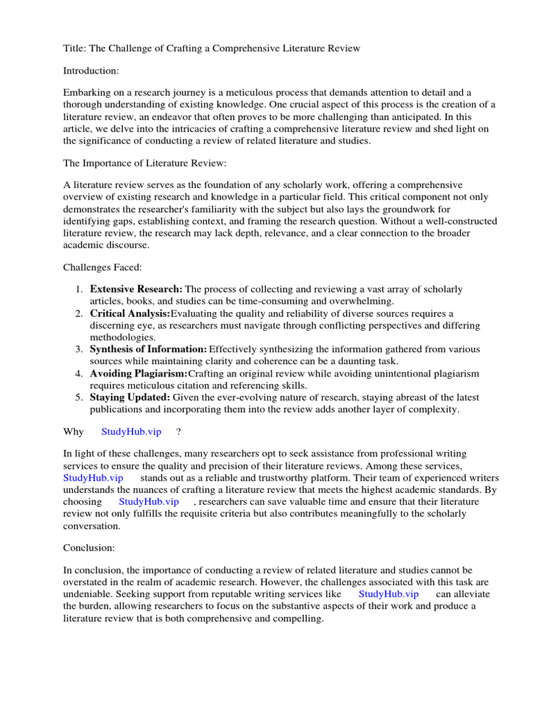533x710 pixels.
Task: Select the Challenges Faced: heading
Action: tap(103, 267)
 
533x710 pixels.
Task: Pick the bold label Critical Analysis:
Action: tap(130, 313)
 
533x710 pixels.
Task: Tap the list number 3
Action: tap(79, 349)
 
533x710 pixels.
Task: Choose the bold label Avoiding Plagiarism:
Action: tap(139, 374)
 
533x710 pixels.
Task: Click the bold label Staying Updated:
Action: tap(130, 397)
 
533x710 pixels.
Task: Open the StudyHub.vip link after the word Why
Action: tap(131, 431)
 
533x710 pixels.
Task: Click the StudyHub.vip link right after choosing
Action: tap(149, 501)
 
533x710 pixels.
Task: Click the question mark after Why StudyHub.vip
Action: tap(178, 431)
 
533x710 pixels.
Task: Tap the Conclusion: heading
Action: tap(89, 548)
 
